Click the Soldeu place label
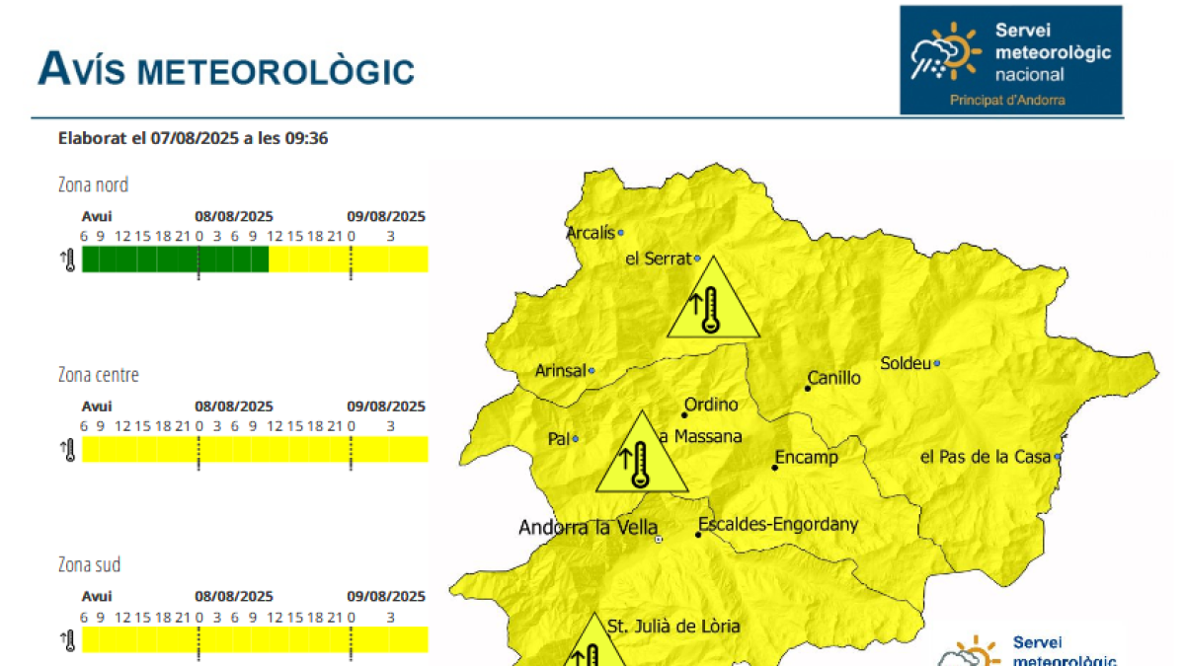(905, 363)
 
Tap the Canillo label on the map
(834, 378)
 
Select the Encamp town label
(807, 458)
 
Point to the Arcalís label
(591, 233)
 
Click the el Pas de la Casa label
(986, 457)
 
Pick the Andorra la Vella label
(589, 528)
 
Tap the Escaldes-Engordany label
(779, 525)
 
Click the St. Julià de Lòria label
(673, 626)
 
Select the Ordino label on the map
(711, 405)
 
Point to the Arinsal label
(560, 371)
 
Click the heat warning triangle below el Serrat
(713, 301)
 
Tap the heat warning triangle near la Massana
(642, 456)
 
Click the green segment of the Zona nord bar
(175, 259)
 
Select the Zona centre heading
(99, 375)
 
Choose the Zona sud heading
(90, 565)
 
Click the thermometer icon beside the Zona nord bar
(68, 260)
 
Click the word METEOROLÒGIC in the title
(276, 71)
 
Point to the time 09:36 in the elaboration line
(307, 138)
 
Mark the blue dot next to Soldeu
(937, 363)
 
